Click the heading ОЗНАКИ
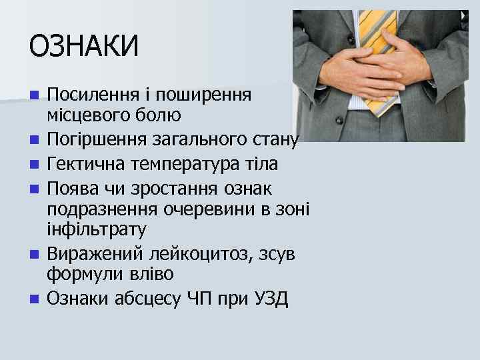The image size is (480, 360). click(x=84, y=47)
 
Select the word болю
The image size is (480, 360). click(x=159, y=117)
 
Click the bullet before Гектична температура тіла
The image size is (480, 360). click(x=33, y=163)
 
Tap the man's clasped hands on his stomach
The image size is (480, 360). click(x=373, y=73)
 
